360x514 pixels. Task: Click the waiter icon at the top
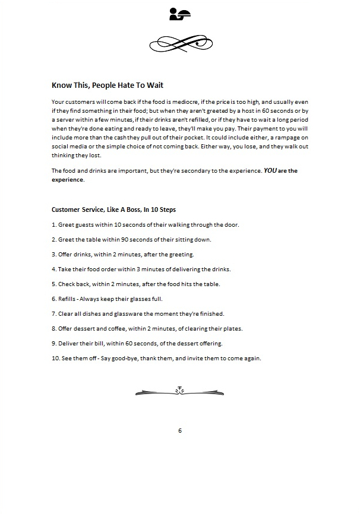tap(180, 14)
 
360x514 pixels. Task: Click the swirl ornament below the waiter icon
tap(180, 43)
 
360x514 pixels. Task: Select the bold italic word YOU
tap(271, 171)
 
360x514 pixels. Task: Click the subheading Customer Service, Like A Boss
tap(113, 210)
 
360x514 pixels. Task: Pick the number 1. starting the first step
tap(54, 224)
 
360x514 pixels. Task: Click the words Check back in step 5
tap(74, 284)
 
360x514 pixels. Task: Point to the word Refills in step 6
tap(68, 299)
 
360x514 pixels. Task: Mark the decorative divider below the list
tap(180, 391)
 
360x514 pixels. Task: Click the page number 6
tap(180, 430)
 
